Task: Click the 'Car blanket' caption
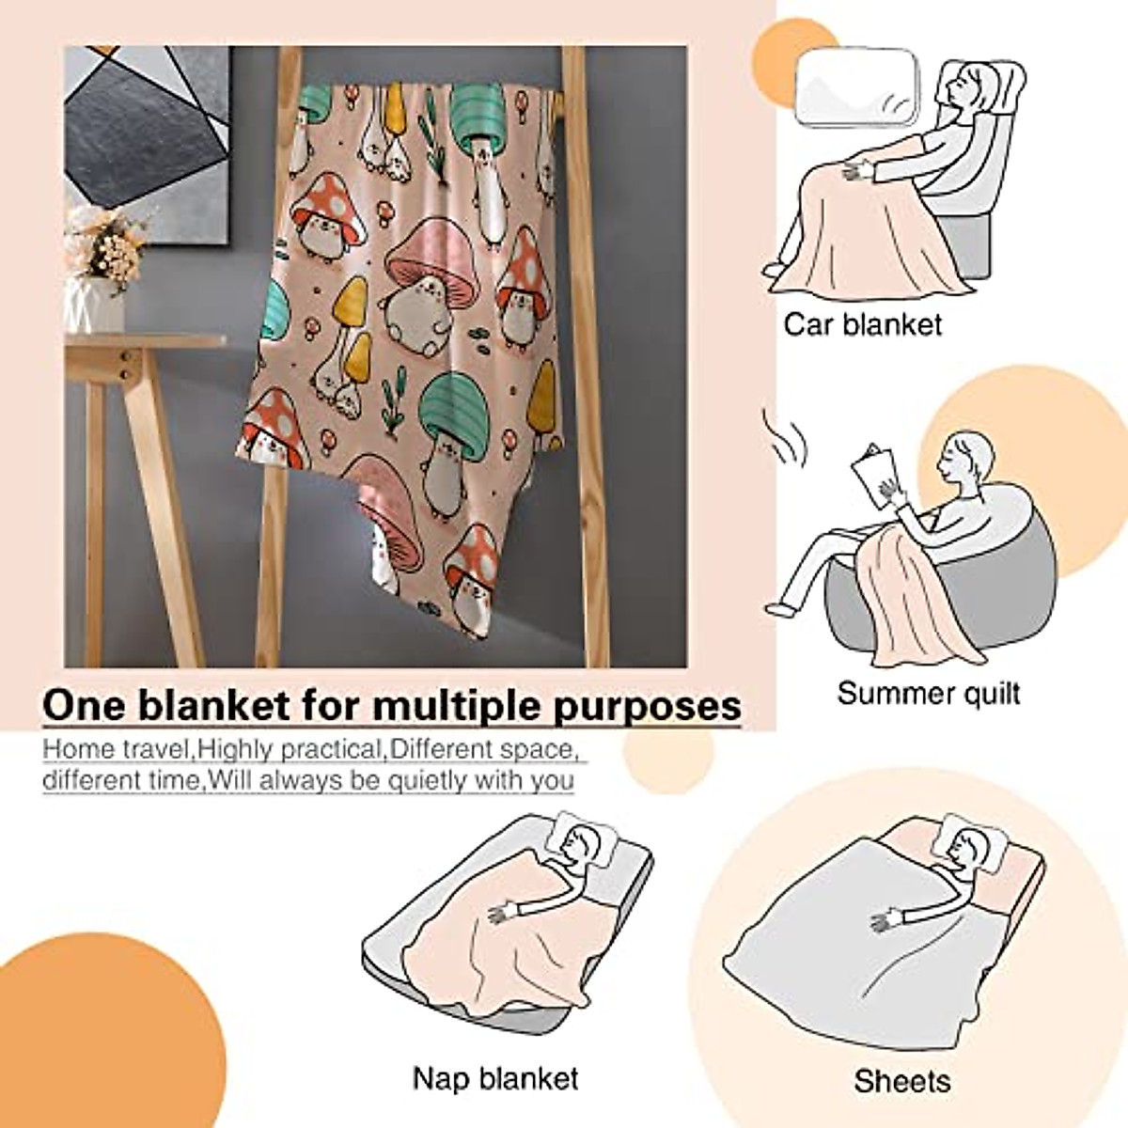coord(862,325)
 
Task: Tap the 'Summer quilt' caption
coord(928,694)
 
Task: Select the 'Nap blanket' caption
coord(495,1077)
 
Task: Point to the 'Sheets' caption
coord(901,1081)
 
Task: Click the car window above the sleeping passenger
coord(856,86)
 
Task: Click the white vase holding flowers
coord(94,303)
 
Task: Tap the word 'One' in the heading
coord(84,705)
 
